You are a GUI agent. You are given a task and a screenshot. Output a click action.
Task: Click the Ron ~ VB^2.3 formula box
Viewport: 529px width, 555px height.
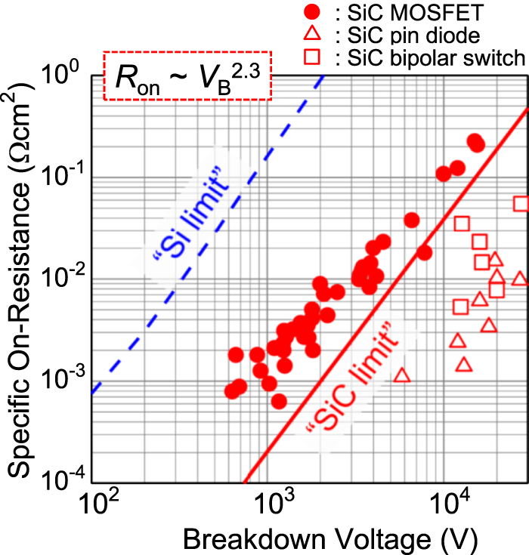coord(187,76)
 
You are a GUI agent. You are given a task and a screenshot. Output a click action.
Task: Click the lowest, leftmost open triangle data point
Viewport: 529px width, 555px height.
coord(402,375)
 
